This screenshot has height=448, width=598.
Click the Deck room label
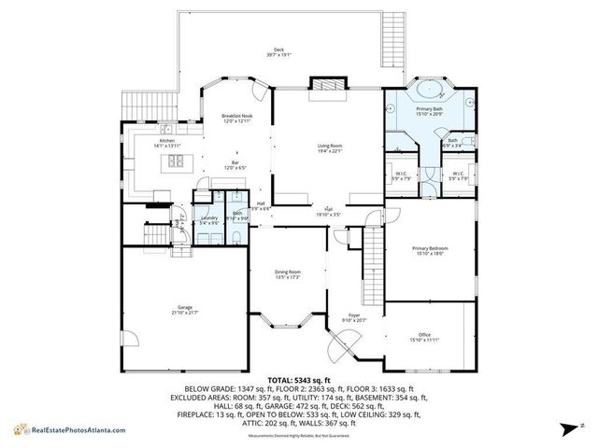(x=278, y=52)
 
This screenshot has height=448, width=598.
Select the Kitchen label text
(x=166, y=144)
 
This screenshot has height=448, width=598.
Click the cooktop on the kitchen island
(x=176, y=161)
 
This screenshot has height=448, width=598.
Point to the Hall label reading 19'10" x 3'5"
(x=328, y=211)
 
